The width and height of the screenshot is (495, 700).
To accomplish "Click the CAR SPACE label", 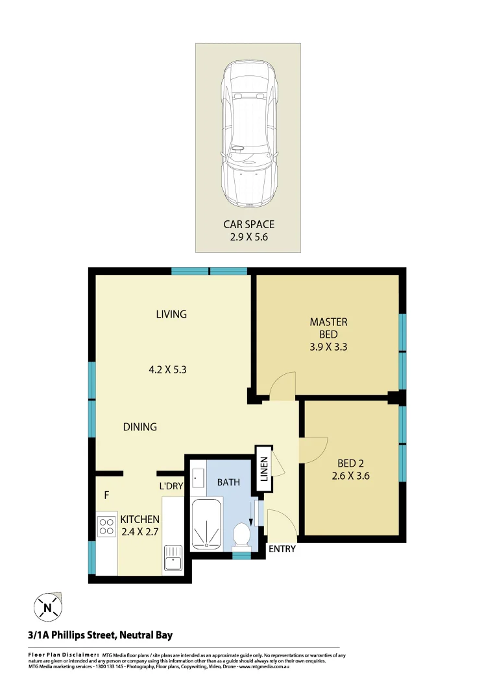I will pos(248,224).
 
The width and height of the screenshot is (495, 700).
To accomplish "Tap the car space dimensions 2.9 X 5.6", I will pos(248,237).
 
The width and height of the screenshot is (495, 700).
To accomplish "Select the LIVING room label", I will pos(171,314).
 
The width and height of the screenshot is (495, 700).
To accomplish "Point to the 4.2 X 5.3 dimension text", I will pos(171,370).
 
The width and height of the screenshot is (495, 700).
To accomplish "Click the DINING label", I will pos(140,427).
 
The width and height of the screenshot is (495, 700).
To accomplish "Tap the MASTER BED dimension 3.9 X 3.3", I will pos(328,347).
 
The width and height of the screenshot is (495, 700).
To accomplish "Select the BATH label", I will pos(228,482).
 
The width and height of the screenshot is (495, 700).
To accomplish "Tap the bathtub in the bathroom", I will pos(207,524).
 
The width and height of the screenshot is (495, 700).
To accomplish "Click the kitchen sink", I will pos(173,559).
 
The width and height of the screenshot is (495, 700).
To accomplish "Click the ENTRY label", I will pos(282,549).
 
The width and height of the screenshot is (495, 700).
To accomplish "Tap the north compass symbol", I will pos(48,607).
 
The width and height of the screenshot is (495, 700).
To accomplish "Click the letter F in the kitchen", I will pos(106,496).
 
